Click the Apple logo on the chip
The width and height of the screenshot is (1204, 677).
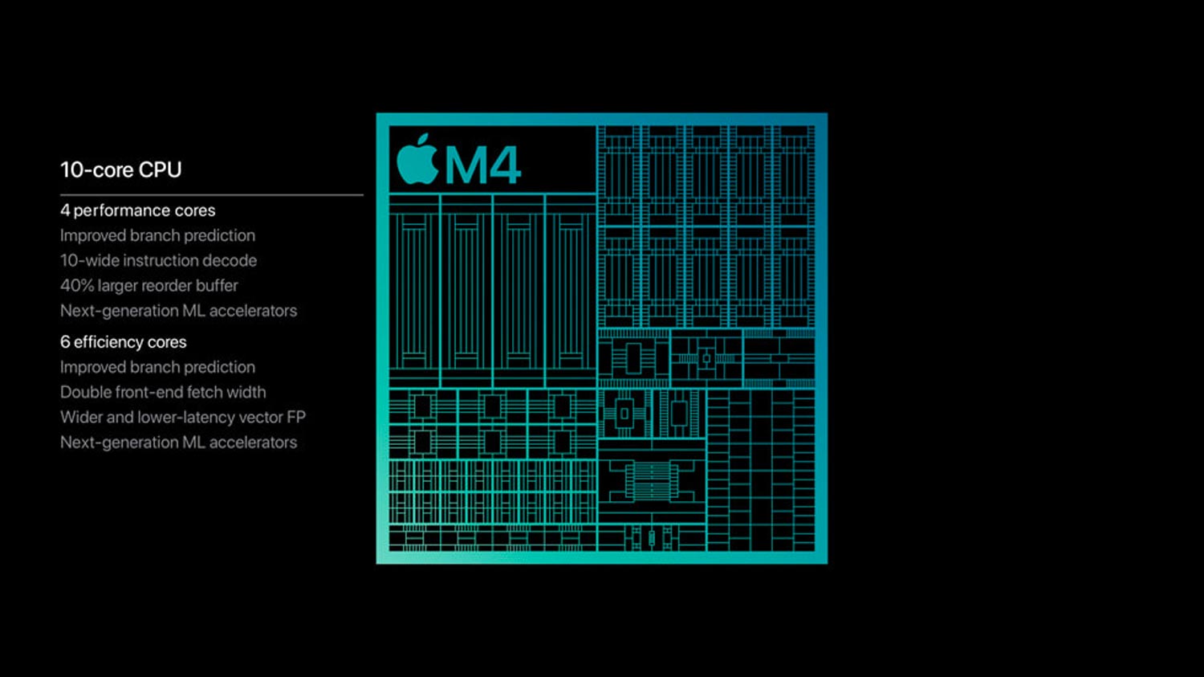417,161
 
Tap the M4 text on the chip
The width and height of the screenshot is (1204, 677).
482,165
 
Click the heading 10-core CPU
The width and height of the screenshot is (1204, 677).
121,170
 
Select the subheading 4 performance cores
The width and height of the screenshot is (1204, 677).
137,210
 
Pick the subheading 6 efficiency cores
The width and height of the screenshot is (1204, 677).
124,342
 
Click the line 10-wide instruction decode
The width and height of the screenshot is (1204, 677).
159,261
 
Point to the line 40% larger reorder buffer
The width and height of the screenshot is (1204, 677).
148,286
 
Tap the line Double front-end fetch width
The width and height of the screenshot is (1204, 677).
163,392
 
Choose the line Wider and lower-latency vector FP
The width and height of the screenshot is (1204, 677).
183,418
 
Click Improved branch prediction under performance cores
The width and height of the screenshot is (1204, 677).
157,235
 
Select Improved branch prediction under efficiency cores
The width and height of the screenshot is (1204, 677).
157,367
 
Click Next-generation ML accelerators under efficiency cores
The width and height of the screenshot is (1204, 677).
178,442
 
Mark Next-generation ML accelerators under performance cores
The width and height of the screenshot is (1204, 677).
178,311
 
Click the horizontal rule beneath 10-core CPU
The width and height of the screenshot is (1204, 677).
212,194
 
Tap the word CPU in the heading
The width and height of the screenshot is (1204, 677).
161,170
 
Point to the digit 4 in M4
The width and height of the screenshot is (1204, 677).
502,165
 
